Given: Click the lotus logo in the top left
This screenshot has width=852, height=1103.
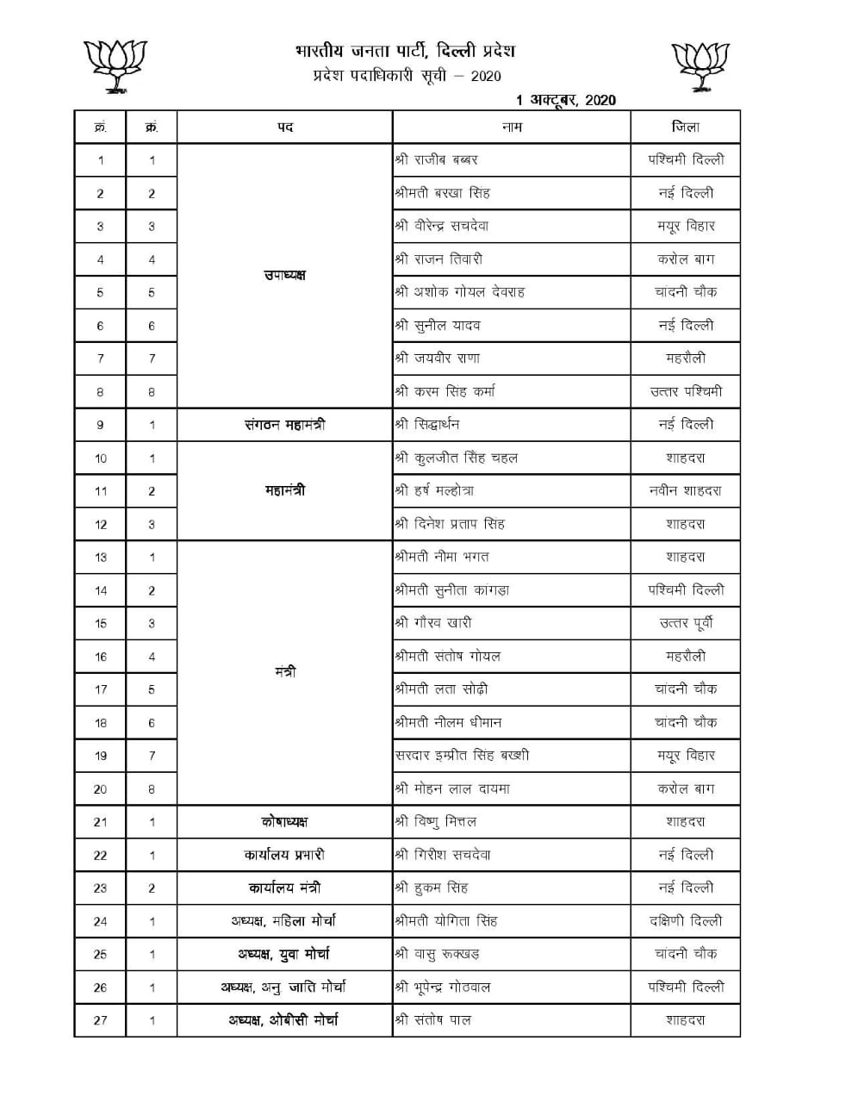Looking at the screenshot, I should click(114, 65).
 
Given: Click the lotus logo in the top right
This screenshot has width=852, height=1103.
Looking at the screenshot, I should click(700, 65).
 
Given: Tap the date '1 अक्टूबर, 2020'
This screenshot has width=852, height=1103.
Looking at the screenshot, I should click(566, 100).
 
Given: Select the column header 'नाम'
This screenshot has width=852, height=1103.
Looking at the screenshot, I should click(512, 127).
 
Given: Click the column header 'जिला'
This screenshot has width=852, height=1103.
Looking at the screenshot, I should click(686, 127).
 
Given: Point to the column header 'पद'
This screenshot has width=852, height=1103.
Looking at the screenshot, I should click(285, 127).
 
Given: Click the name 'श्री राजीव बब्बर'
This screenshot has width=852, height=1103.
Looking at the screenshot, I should click(436, 159).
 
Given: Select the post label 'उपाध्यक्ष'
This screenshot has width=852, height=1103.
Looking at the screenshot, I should click(284, 276).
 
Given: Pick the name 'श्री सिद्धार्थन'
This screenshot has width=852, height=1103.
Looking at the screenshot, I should click(427, 424).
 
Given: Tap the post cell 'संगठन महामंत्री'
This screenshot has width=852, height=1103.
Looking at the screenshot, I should click(284, 424).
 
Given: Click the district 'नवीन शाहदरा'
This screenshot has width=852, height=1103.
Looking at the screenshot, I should click(686, 490).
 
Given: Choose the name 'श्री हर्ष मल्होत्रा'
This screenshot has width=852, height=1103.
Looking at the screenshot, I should click(434, 490).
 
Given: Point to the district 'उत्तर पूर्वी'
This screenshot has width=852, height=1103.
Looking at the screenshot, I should click(686, 623).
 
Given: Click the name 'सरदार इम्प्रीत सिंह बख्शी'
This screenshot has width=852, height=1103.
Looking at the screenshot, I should click(462, 756).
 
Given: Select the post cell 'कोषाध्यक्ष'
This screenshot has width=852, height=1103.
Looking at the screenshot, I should click(284, 822).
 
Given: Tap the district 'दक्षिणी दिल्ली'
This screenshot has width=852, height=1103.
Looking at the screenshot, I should click(686, 921).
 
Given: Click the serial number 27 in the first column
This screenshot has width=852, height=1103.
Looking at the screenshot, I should click(100, 1020).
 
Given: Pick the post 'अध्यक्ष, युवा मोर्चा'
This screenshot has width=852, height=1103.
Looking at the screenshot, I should click(284, 954).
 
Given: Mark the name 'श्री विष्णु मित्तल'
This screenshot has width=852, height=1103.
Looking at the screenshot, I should click(435, 822).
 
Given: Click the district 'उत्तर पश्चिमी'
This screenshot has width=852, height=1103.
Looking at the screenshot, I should click(686, 391).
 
